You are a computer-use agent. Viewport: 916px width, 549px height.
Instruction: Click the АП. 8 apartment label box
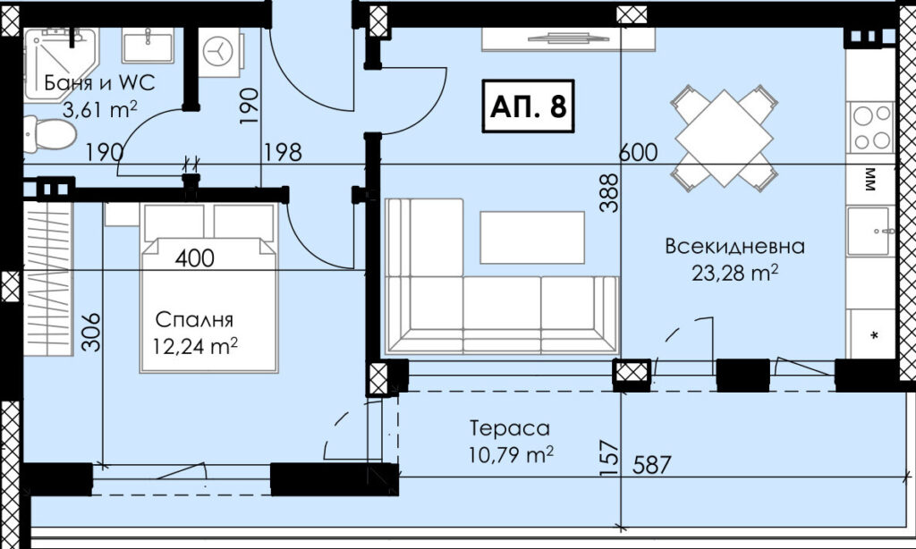tap(528, 106)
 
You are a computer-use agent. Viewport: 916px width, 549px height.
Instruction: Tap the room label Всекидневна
tap(734, 246)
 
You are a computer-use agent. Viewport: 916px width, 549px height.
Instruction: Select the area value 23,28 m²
tap(734, 272)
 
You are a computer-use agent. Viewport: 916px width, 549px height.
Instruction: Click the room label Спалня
tap(194, 320)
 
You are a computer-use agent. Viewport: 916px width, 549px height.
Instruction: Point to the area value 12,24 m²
tap(195, 346)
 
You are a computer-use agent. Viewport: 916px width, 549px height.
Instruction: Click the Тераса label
tap(510, 428)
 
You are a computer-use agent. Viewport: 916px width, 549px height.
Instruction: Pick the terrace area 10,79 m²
tap(511, 454)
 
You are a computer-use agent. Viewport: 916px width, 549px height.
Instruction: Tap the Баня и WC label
tap(100, 83)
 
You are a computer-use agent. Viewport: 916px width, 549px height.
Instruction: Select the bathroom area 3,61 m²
tap(99, 109)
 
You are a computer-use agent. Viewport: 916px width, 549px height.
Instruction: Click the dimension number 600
tap(638, 153)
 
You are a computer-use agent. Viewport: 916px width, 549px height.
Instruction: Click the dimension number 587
tap(652, 466)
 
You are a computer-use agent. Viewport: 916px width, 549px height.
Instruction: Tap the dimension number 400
tap(194, 258)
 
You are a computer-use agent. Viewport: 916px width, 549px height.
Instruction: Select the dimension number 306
tap(90, 333)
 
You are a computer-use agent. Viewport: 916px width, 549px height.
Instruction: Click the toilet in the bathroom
tap(50, 134)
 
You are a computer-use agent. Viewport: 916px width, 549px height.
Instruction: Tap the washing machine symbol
tap(219, 52)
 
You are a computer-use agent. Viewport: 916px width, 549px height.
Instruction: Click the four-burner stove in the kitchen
tap(871, 127)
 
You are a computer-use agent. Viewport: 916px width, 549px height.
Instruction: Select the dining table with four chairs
tap(725, 138)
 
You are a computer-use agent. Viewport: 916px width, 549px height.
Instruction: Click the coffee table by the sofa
tap(532, 238)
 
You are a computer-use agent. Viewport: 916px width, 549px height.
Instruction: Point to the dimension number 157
tap(608, 458)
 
